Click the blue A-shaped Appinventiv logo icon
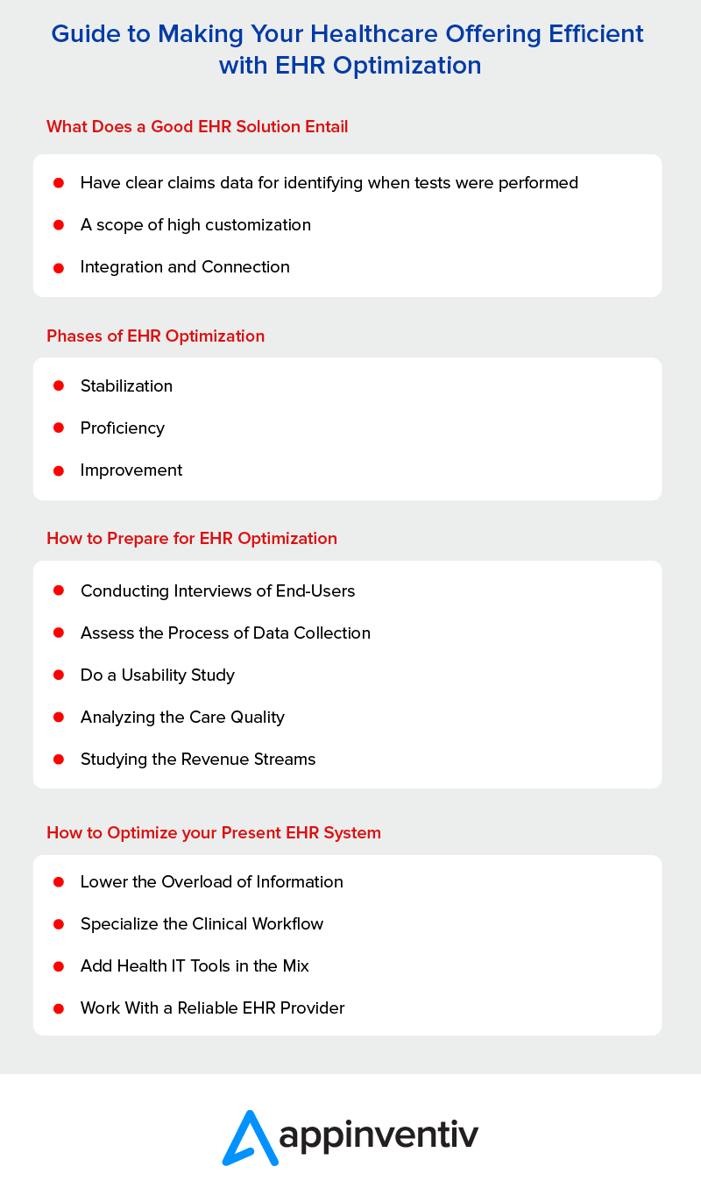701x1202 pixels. (x=249, y=1137)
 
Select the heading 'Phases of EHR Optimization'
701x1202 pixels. (x=155, y=336)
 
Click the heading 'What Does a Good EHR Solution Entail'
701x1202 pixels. (x=197, y=126)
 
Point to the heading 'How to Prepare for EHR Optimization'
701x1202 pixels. (x=191, y=538)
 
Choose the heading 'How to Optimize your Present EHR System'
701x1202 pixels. (x=213, y=832)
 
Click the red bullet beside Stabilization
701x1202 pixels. (x=59, y=385)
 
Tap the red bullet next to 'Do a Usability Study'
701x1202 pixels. (x=59, y=675)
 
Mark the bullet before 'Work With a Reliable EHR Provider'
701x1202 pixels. (x=59, y=1008)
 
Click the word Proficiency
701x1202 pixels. (x=123, y=428)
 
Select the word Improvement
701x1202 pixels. (x=131, y=470)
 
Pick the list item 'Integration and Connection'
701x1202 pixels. (x=185, y=266)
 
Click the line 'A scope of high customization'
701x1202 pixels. (x=195, y=224)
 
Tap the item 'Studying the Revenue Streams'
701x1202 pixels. (x=198, y=759)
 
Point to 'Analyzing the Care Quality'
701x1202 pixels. (x=182, y=717)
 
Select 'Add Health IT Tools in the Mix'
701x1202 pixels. (x=195, y=965)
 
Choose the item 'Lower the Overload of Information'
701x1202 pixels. (x=211, y=881)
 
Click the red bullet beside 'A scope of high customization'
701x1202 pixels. (x=59, y=224)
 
